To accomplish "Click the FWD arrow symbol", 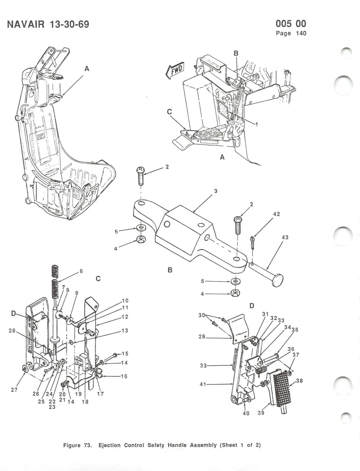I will [x=175, y=70].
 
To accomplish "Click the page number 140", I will [x=301, y=33].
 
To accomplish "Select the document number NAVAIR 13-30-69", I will [x=48, y=24].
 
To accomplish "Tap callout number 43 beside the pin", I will [x=285, y=237].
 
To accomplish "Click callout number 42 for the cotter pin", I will [x=276, y=214].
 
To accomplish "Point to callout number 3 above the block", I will [x=215, y=191].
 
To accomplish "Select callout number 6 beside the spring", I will [x=81, y=271].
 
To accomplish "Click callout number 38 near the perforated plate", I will [x=299, y=381].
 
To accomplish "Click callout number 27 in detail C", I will [x=14, y=390].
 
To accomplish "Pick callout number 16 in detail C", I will [x=124, y=376].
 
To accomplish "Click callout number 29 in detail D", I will [x=202, y=336].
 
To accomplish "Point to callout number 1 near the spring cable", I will [x=256, y=124].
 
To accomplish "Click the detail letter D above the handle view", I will [x=252, y=306].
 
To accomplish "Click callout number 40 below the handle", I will [x=246, y=413].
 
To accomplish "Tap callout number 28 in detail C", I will [x=12, y=331].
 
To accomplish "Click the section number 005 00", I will [x=291, y=24].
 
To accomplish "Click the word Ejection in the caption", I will [x=110, y=445].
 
